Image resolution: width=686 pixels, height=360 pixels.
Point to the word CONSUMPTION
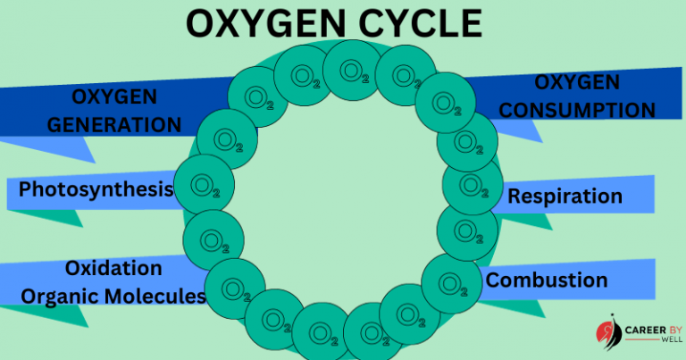click(577, 110)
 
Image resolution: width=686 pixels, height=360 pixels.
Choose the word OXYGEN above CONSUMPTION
click(577, 82)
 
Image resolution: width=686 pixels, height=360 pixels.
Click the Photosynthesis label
click(96, 189)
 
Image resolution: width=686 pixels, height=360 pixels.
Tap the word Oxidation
click(113, 268)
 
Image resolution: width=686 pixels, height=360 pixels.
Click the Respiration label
click(564, 196)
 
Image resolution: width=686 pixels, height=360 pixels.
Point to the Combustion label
click(547, 280)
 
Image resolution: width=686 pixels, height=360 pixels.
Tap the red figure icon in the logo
click(609, 332)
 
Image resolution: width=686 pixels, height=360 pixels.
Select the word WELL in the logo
click(651, 341)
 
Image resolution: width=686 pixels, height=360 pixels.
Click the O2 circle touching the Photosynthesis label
click(205, 186)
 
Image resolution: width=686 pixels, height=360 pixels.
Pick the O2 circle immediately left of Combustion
click(451, 284)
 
